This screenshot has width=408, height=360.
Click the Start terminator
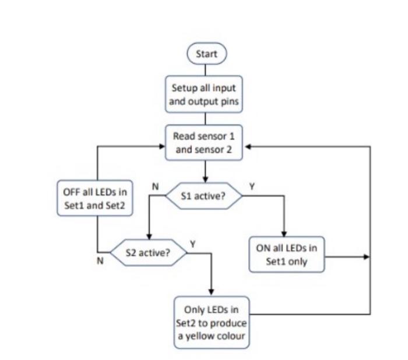[x=206, y=54]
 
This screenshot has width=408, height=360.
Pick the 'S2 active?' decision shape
[x=149, y=253]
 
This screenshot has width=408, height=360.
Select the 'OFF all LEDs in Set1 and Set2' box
[x=94, y=198]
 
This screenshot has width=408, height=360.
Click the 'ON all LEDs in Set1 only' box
[x=287, y=255]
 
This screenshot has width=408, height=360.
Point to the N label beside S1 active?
[x=155, y=186]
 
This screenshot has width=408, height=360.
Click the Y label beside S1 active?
[x=252, y=186]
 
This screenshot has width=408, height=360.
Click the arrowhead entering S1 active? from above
[x=205, y=180]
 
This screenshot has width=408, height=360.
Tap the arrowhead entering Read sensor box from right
[x=247, y=147]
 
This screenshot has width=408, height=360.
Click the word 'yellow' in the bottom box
[x=199, y=336]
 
